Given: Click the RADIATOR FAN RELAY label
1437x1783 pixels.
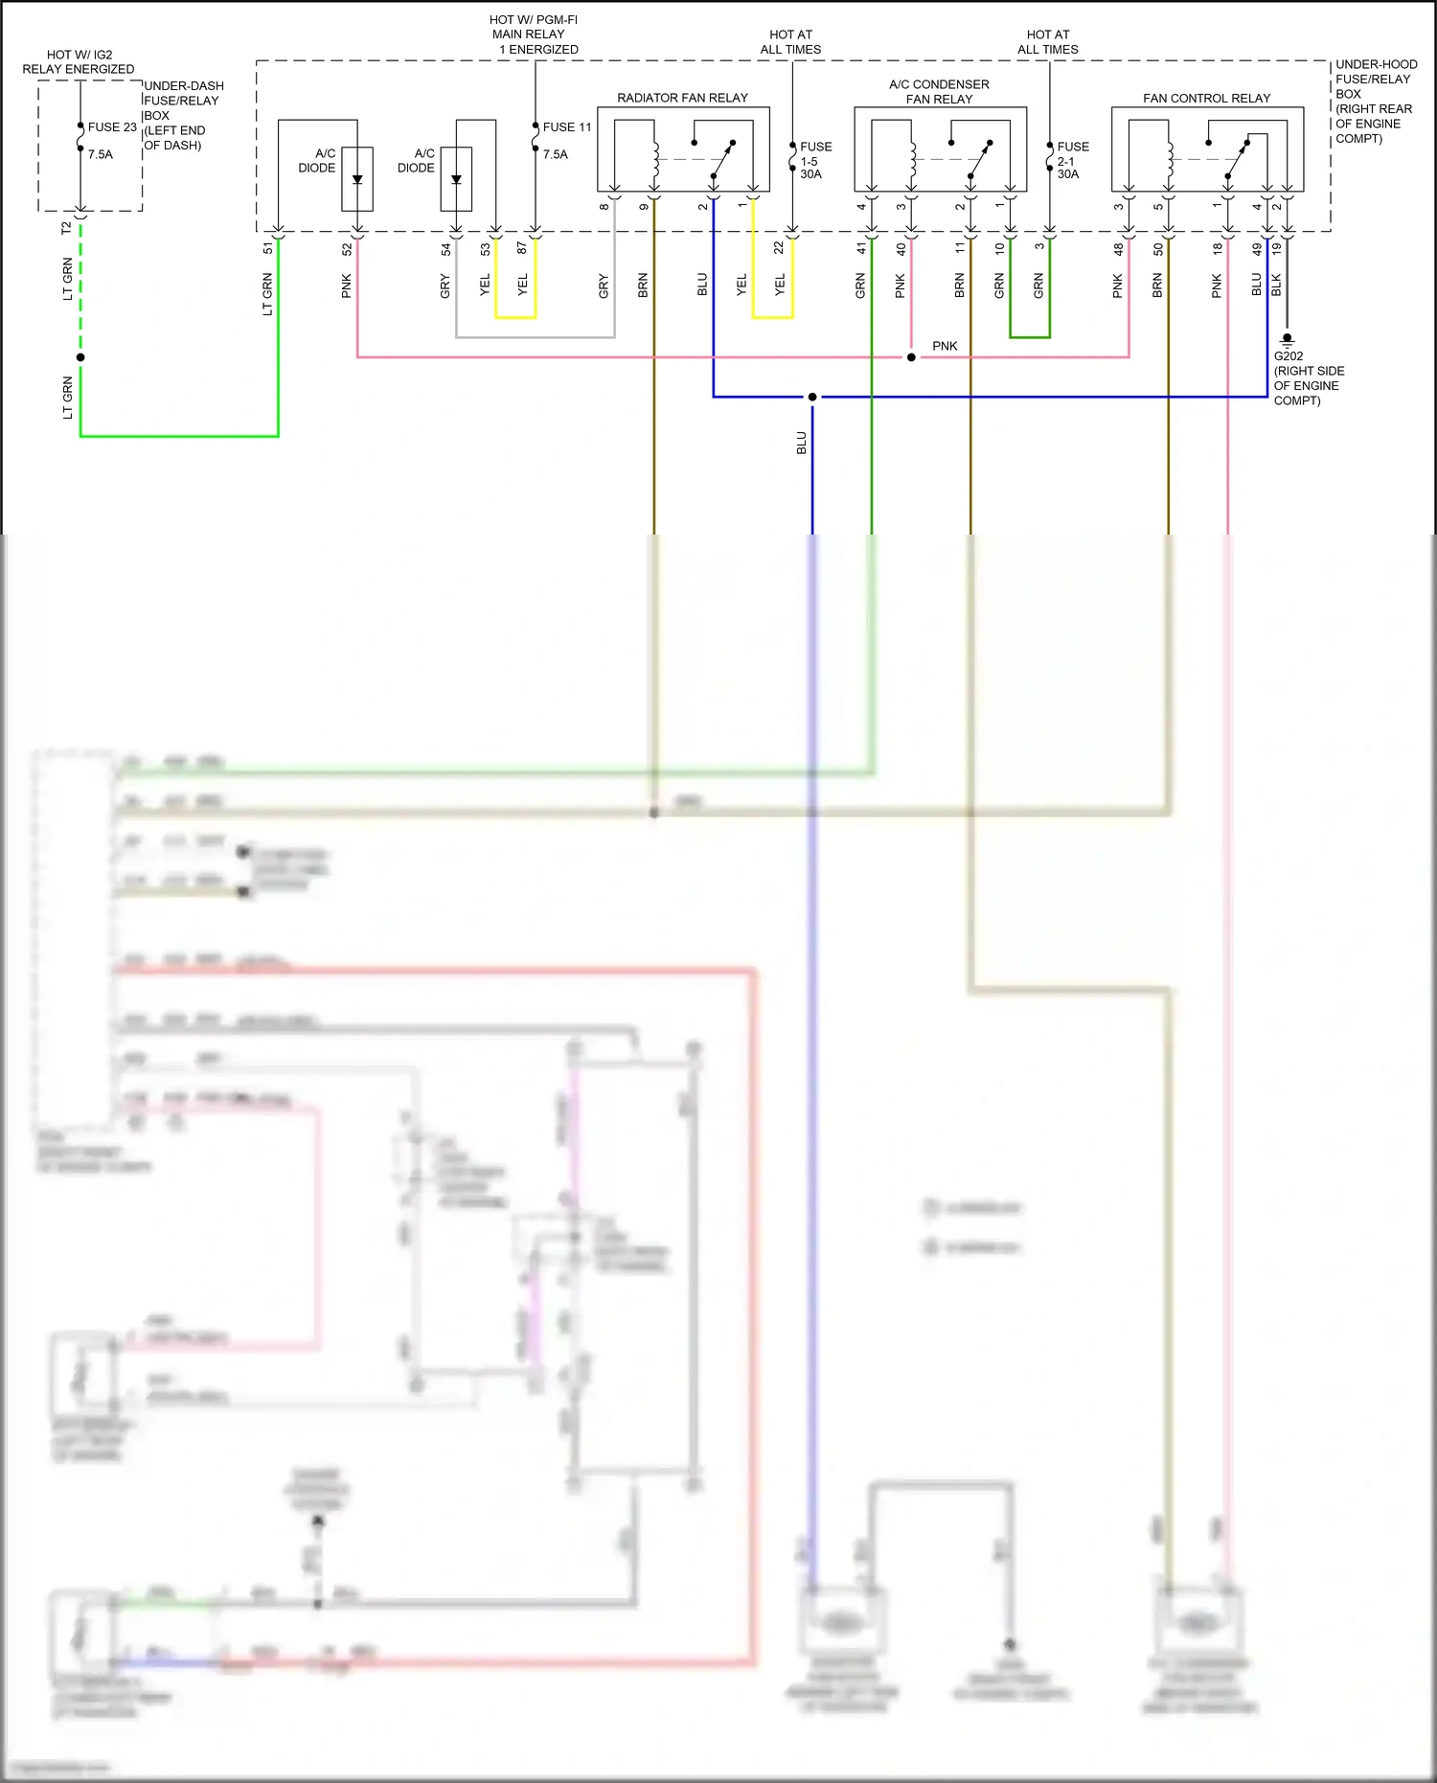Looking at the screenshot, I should (x=682, y=98).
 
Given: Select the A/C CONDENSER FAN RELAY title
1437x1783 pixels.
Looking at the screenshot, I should (x=939, y=92).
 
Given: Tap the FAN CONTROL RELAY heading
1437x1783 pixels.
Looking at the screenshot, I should (x=1206, y=98).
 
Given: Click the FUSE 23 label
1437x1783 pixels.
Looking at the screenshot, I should (x=112, y=127).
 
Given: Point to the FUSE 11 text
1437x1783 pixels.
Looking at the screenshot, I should (x=567, y=127).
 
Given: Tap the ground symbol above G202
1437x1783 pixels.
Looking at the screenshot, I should (x=1288, y=339).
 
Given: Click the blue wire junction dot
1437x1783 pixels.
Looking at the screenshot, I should (x=812, y=397).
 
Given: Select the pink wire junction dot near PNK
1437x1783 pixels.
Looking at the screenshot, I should (x=911, y=357).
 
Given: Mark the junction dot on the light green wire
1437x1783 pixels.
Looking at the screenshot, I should (x=80, y=357).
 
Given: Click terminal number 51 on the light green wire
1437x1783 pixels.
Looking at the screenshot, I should (x=267, y=248).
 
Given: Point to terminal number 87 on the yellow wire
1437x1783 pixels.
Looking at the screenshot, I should (x=522, y=248).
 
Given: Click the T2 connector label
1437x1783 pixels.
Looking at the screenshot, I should (x=66, y=228).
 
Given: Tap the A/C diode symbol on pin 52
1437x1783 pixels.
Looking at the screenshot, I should (x=357, y=179).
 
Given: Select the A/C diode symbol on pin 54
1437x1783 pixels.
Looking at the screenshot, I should (x=456, y=179).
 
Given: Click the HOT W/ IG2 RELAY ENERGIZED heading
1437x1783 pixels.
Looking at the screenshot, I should (x=79, y=62).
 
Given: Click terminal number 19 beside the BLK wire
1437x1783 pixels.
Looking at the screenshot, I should (x=1276, y=248).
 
